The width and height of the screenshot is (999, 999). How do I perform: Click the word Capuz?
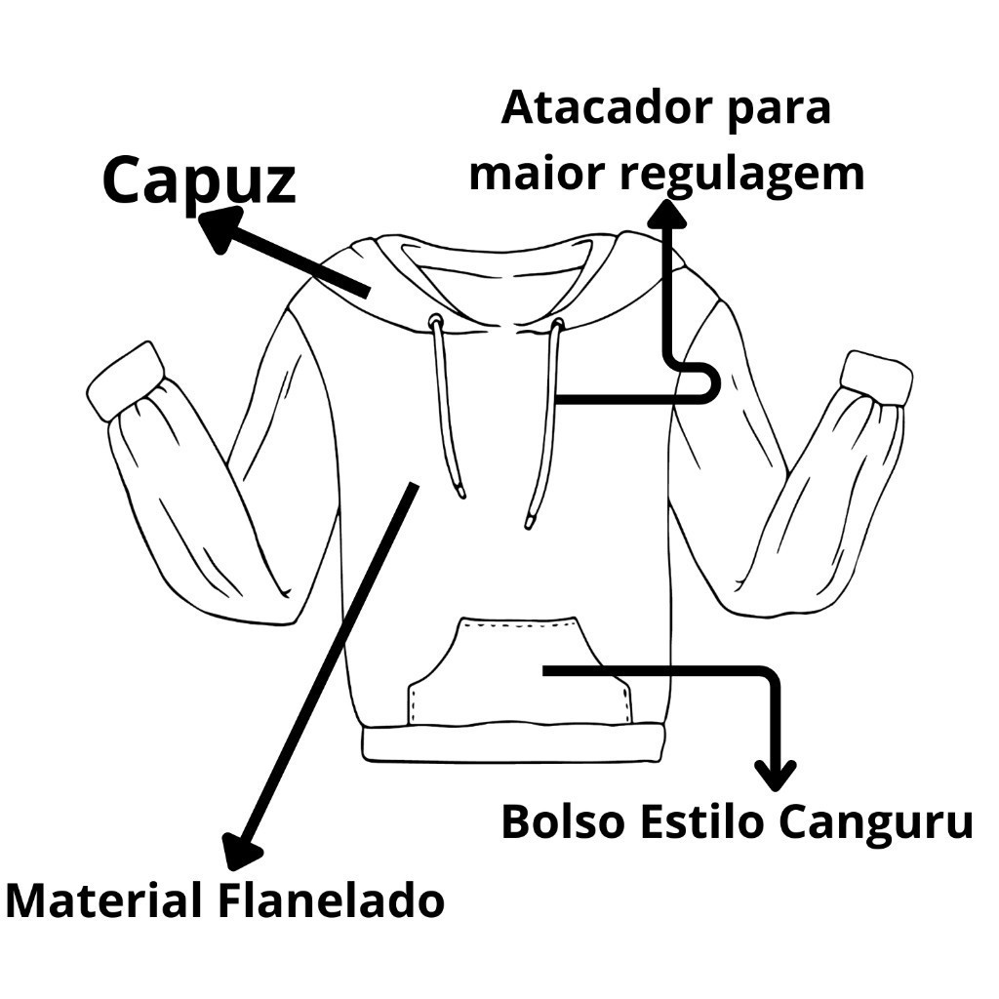(x=199, y=180)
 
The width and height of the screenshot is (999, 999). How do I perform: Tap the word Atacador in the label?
(x=605, y=108)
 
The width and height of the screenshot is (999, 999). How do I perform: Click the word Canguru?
(x=876, y=821)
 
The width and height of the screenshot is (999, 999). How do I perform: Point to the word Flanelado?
(x=332, y=900)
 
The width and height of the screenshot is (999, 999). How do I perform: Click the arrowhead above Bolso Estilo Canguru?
(x=775, y=775)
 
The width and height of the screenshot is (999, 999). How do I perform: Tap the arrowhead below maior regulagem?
(x=666, y=214)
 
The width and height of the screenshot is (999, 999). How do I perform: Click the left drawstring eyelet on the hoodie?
(x=436, y=319)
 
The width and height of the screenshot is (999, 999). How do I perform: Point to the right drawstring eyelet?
(x=557, y=323)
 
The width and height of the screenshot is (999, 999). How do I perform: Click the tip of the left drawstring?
(x=461, y=493)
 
